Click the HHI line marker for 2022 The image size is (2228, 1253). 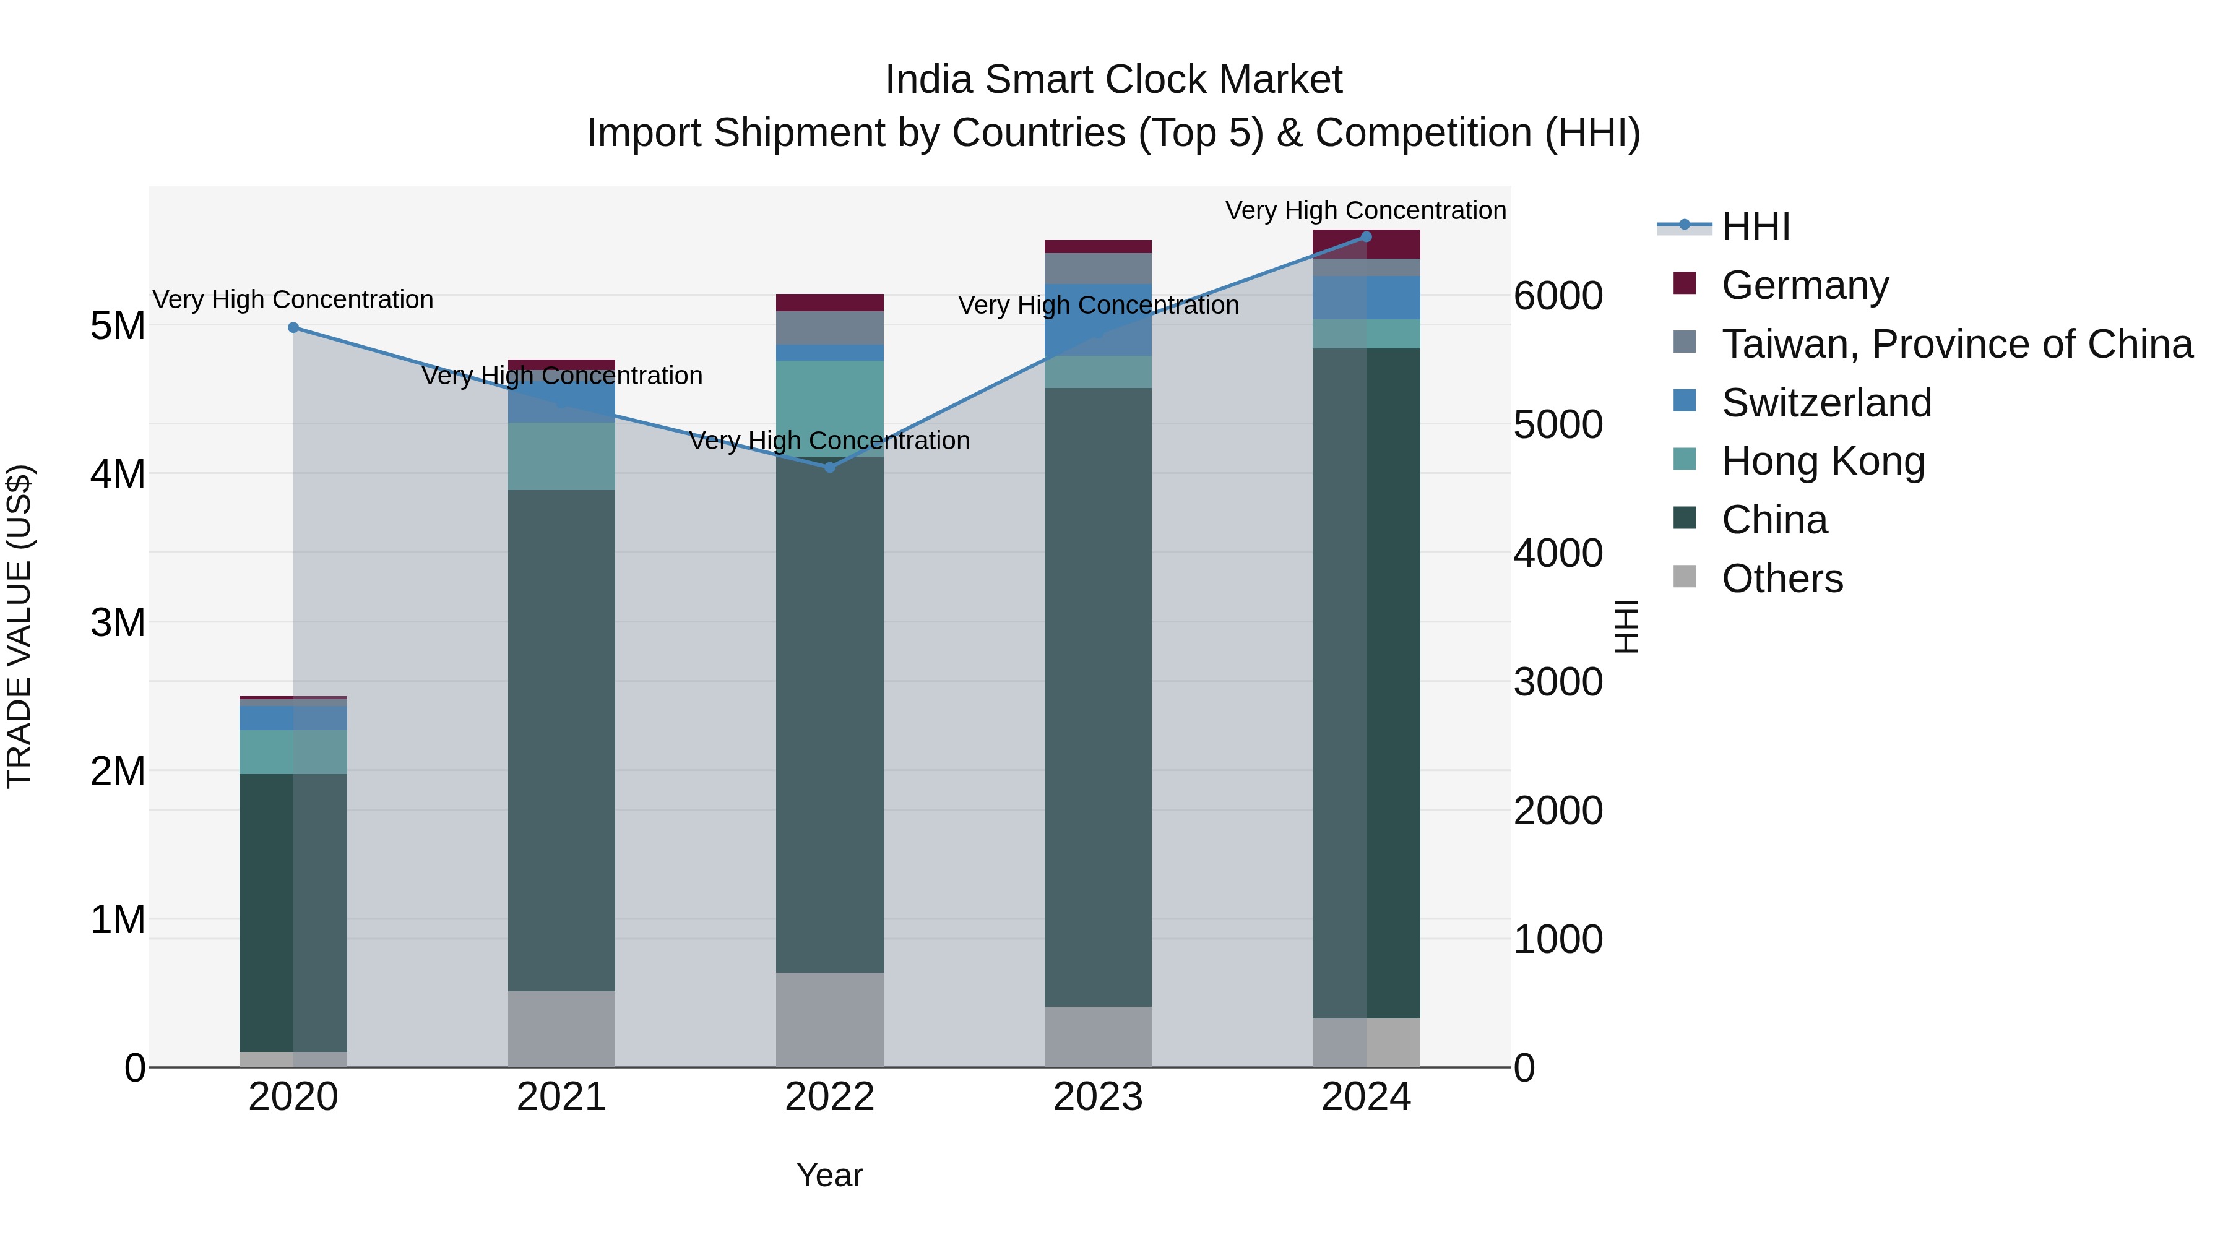coord(829,468)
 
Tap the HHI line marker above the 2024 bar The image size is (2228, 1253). coord(1367,237)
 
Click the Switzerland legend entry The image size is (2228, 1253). coord(1826,403)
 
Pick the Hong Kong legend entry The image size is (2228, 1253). coord(1823,462)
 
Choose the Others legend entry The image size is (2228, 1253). coord(1782,579)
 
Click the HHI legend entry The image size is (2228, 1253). coord(1756,226)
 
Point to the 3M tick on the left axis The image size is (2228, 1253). coord(118,622)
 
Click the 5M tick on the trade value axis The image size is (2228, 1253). coord(118,326)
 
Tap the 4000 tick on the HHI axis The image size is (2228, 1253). coord(1558,553)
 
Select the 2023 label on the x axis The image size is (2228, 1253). coord(1097,1097)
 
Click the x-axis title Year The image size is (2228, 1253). coord(829,1175)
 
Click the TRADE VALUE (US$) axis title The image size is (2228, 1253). coord(19,626)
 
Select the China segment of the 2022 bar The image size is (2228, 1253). coord(829,714)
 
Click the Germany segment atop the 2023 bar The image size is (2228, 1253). coord(1097,246)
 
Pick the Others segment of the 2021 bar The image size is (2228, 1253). coord(561,1028)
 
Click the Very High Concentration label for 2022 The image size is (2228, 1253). coord(829,441)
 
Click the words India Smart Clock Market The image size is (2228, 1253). coord(1113,80)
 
